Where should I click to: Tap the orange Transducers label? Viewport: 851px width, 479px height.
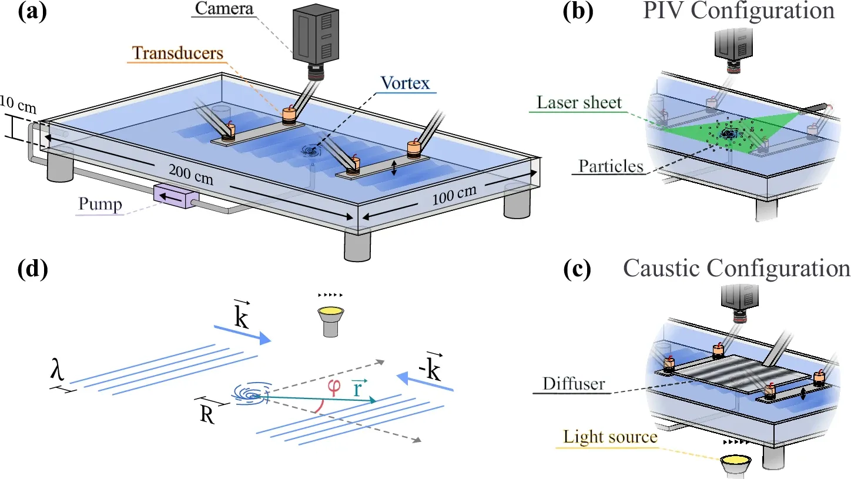[x=177, y=53]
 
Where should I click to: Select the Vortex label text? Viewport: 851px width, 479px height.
[x=405, y=82]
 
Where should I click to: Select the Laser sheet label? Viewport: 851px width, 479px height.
[x=578, y=103]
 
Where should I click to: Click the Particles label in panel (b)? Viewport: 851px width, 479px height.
[x=611, y=166]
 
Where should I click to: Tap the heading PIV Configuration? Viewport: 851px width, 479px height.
[x=739, y=11]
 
